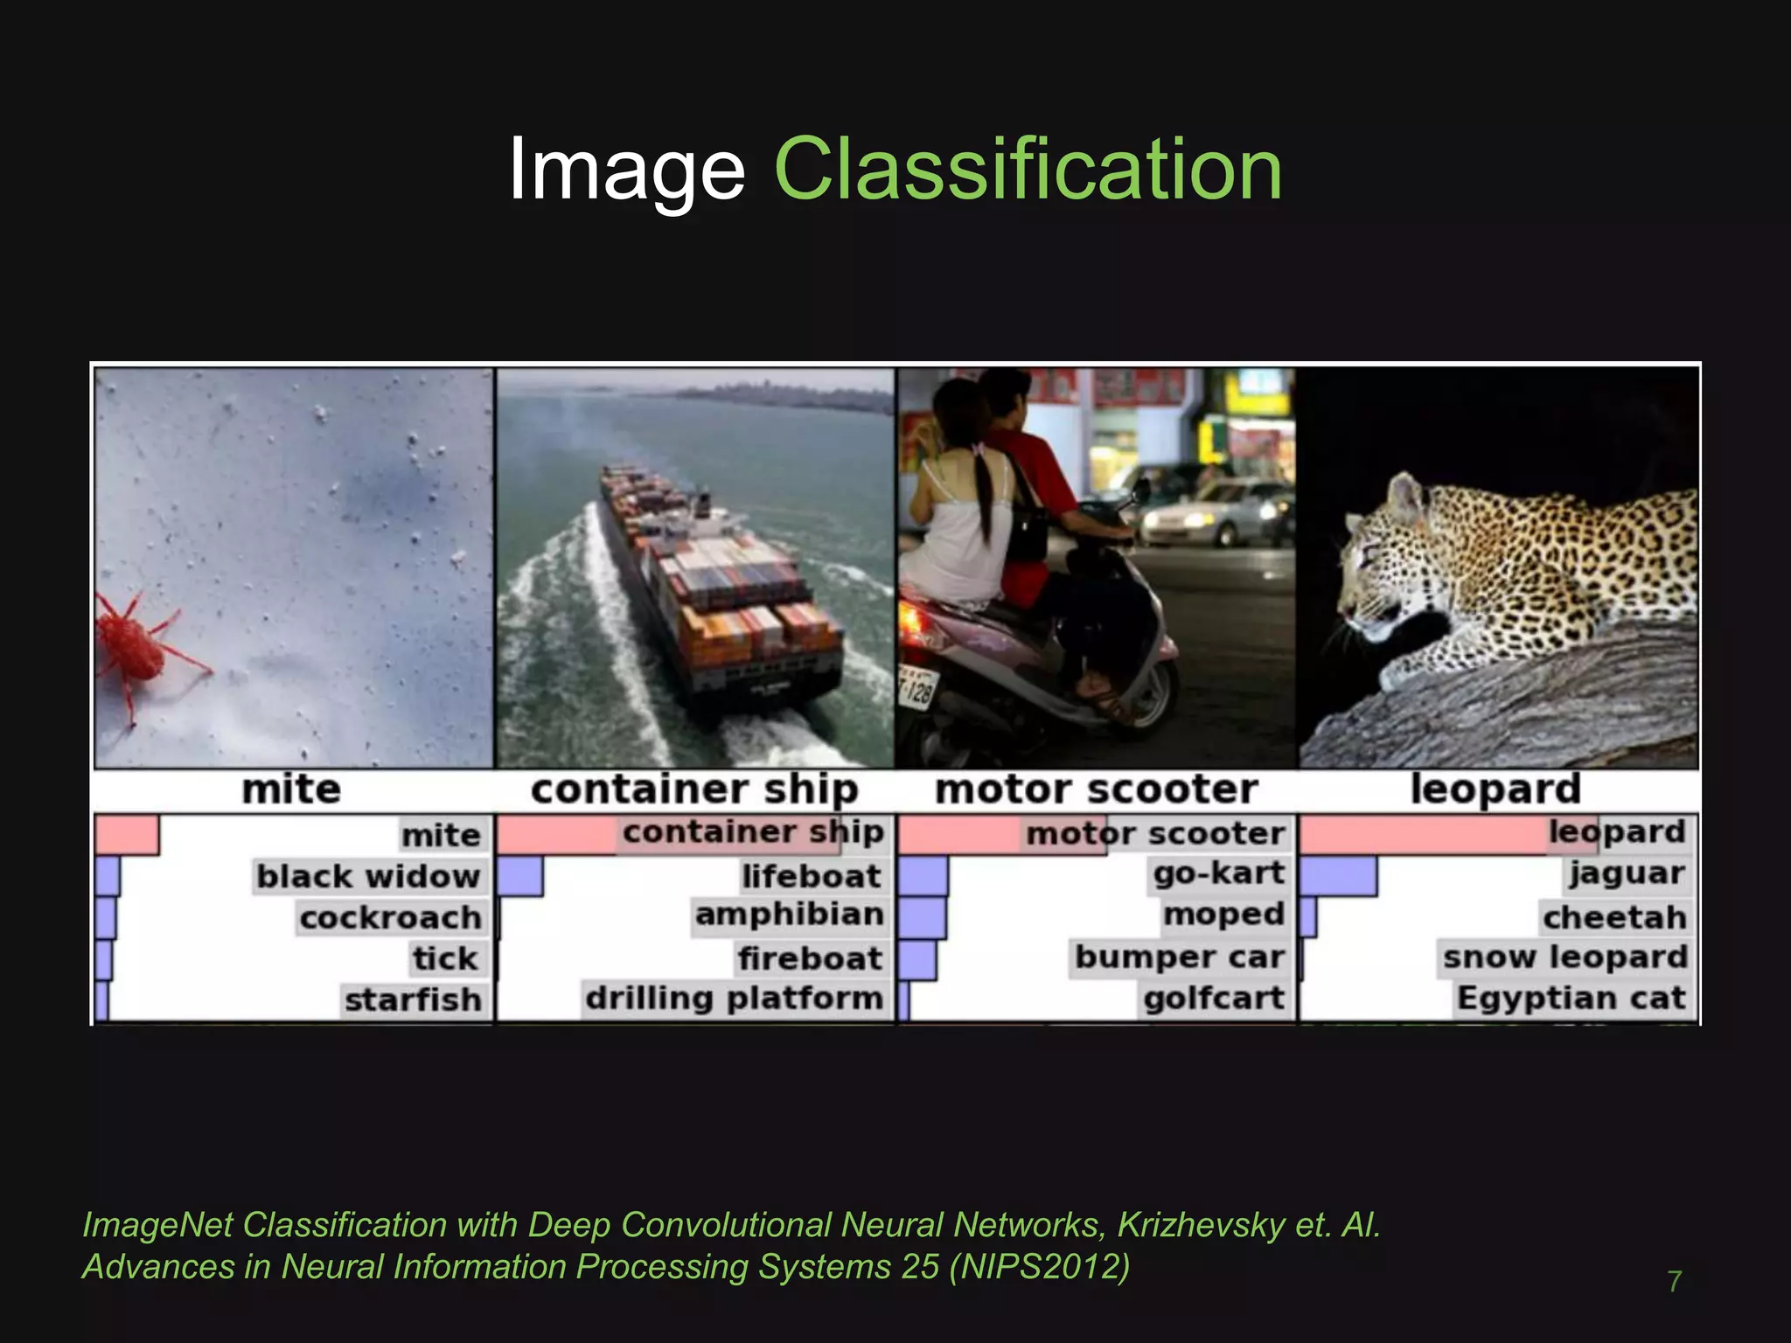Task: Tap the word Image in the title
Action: pos(626,170)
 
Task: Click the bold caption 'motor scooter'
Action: pos(1097,790)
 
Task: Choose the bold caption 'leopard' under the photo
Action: pos(1495,789)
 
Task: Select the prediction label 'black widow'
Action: pos(368,876)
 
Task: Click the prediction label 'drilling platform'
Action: pos(735,999)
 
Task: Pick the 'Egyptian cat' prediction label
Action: pos(1571,999)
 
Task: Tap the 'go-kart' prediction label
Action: pos(1219,873)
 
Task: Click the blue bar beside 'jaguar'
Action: pos(1338,876)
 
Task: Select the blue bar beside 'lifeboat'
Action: pos(520,876)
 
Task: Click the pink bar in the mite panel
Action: pos(126,835)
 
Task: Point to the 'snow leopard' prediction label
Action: pos(1565,957)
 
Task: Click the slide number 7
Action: pos(1674,1282)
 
